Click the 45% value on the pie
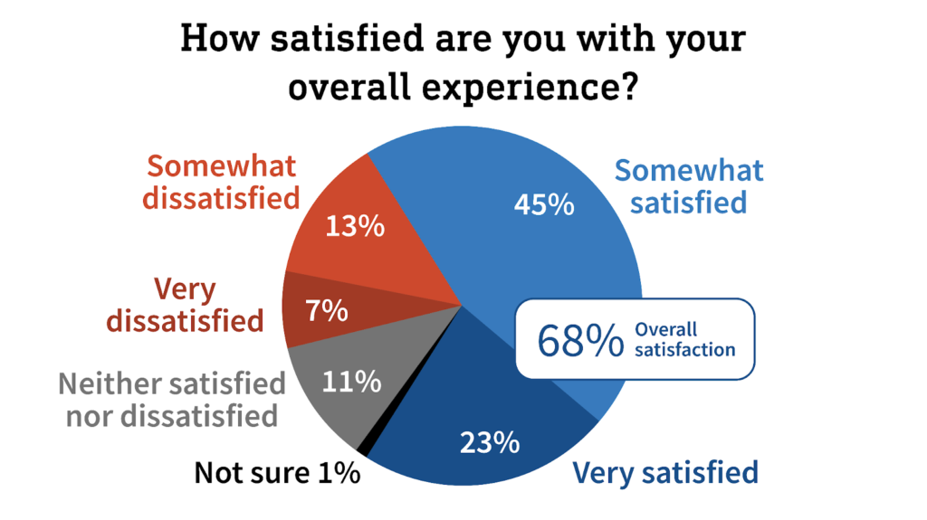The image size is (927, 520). tap(544, 205)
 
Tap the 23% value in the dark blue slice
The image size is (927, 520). tap(489, 443)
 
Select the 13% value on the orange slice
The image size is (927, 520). tap(355, 225)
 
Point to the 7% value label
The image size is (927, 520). tap(327, 311)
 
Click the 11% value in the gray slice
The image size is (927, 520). tap(351, 383)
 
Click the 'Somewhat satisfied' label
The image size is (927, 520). tap(689, 185)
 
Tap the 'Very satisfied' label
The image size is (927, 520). tap(665, 472)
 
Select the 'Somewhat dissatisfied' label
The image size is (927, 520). tap(223, 182)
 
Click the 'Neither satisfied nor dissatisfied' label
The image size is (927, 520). tap(172, 399)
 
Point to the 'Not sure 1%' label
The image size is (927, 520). tap(278, 473)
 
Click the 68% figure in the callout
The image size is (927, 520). tap(580, 340)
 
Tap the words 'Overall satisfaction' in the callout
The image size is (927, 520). tap(683, 339)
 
